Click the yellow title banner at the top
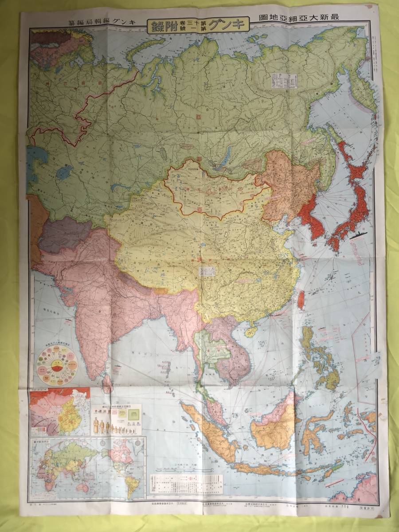(198, 24)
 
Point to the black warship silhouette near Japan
(359, 236)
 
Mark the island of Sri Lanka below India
(107, 383)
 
